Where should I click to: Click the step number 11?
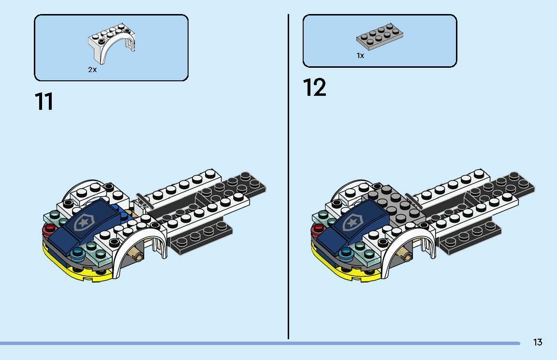tap(44, 102)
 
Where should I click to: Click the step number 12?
tap(315, 88)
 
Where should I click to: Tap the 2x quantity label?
tap(92, 70)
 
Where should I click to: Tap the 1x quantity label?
tap(360, 56)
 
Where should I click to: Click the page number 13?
tap(538, 342)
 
